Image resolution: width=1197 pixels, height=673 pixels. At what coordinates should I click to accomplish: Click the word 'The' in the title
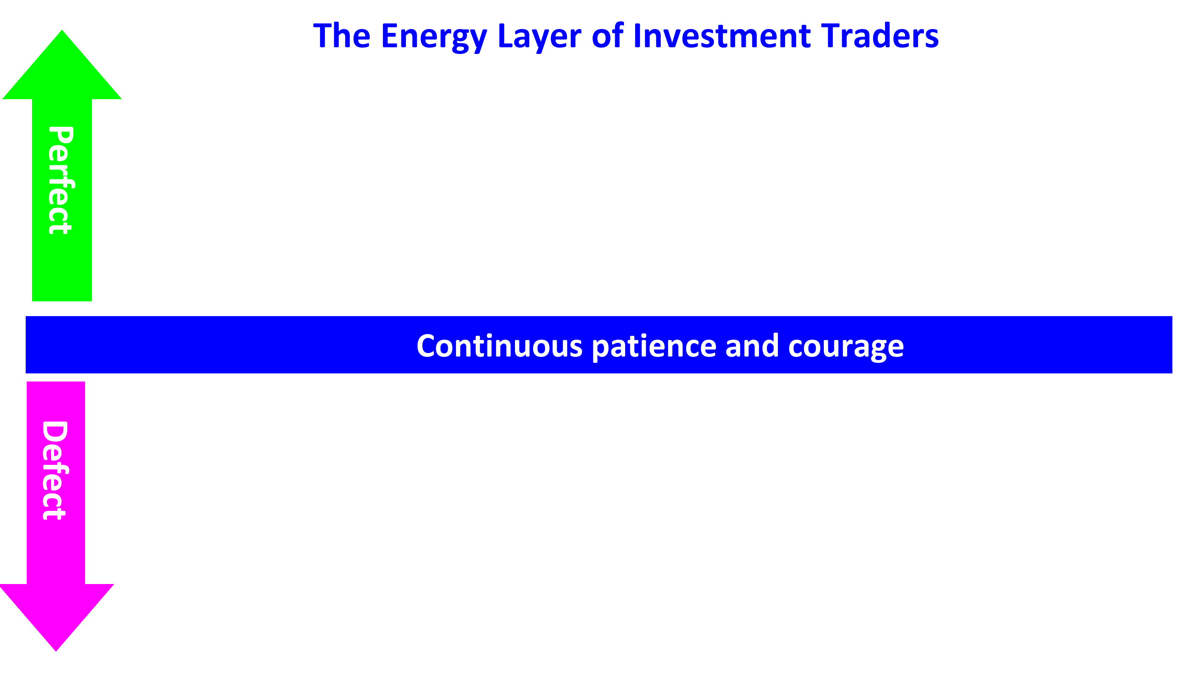(x=342, y=36)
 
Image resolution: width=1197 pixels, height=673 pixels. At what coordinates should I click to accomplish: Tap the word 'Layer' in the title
(x=539, y=36)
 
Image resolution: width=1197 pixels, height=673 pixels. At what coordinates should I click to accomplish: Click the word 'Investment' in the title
(x=722, y=36)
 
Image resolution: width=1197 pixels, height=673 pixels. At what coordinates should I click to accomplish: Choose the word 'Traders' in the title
(x=880, y=36)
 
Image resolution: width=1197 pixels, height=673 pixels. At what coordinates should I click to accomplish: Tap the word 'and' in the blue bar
(x=752, y=346)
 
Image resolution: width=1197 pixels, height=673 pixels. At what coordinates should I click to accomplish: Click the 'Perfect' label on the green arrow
(x=61, y=180)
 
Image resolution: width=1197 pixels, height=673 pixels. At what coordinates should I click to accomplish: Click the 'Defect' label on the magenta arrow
(x=55, y=470)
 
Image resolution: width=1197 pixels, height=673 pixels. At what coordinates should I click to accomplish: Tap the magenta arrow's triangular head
(x=56, y=613)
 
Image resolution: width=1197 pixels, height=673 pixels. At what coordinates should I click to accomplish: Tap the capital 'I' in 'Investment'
(x=637, y=36)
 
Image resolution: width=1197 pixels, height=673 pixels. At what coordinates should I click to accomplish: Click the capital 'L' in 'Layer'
(x=505, y=36)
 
